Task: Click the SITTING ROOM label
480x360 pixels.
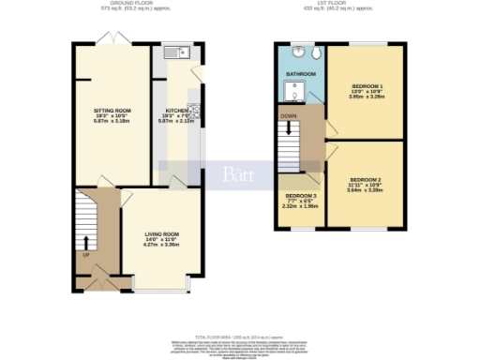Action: click(112, 111)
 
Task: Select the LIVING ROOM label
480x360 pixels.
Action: click(161, 234)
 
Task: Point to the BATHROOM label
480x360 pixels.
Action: click(300, 74)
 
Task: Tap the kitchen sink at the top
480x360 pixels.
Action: click(171, 54)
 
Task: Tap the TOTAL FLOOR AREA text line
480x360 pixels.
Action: click(240, 335)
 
